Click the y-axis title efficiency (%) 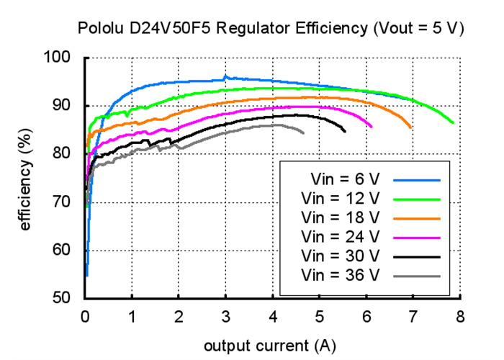point(27,176)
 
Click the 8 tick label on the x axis point(459,315)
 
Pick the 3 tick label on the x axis point(225,315)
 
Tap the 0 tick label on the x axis point(85,315)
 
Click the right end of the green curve point(453,123)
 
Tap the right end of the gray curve point(303,133)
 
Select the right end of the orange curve point(410,127)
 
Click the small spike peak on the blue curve point(225,76)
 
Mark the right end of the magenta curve point(372,127)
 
